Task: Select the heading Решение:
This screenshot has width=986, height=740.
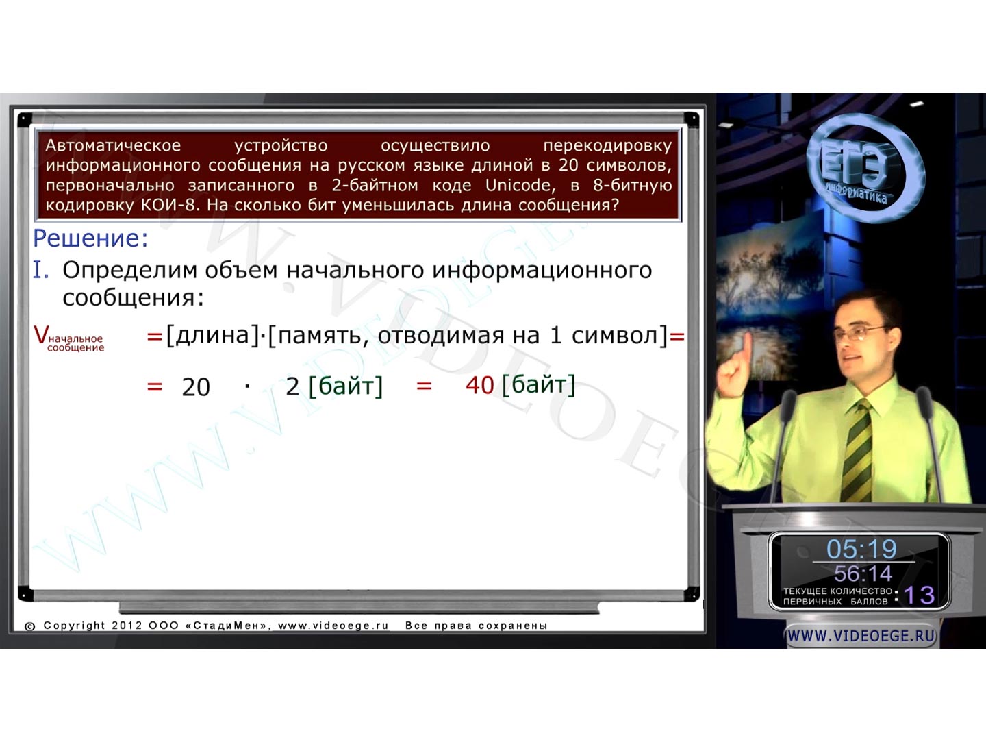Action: pyautogui.click(x=90, y=238)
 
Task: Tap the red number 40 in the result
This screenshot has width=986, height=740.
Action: pyautogui.click(x=480, y=386)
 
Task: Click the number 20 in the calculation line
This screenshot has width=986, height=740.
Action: pyautogui.click(x=196, y=387)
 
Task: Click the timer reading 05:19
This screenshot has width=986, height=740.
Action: pyautogui.click(x=861, y=549)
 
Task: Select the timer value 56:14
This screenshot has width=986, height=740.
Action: pyautogui.click(x=863, y=573)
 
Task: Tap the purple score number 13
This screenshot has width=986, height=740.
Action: pyautogui.click(x=919, y=595)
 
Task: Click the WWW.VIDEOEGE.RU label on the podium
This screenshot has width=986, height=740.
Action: pyautogui.click(x=861, y=637)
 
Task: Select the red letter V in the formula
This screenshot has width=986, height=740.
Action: pyautogui.click(x=41, y=335)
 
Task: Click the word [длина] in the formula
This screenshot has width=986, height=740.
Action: pyautogui.click(x=213, y=336)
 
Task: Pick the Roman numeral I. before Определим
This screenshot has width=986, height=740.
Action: pyautogui.click(x=41, y=269)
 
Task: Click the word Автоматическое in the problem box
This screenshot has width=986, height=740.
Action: pyautogui.click(x=113, y=145)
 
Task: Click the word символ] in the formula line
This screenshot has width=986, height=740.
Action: pyautogui.click(x=620, y=336)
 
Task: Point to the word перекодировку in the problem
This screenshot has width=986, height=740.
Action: pyautogui.click(x=608, y=145)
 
